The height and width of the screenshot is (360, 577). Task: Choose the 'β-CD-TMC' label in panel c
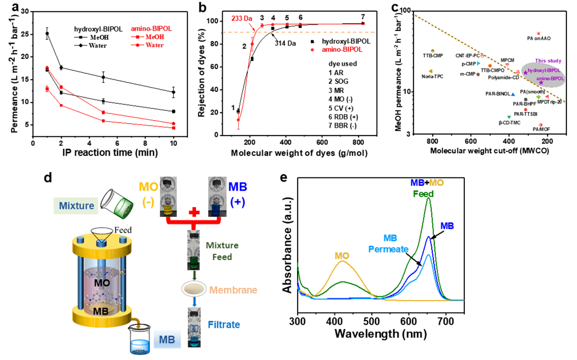(510, 122)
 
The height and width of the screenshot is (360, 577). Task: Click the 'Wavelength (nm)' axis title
(380, 334)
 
